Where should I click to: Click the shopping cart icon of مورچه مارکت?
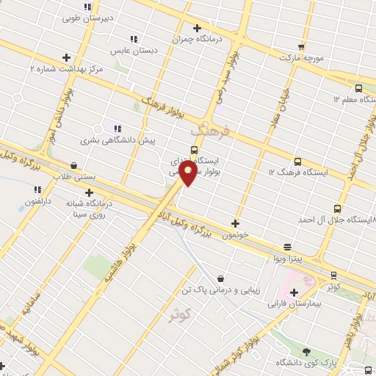coord(302,45)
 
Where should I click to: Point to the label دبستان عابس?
coord(126,51)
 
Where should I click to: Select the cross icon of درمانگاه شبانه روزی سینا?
coord(89,193)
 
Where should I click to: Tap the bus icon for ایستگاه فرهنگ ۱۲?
coord(297,161)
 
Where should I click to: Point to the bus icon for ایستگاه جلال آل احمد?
coord(336,209)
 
